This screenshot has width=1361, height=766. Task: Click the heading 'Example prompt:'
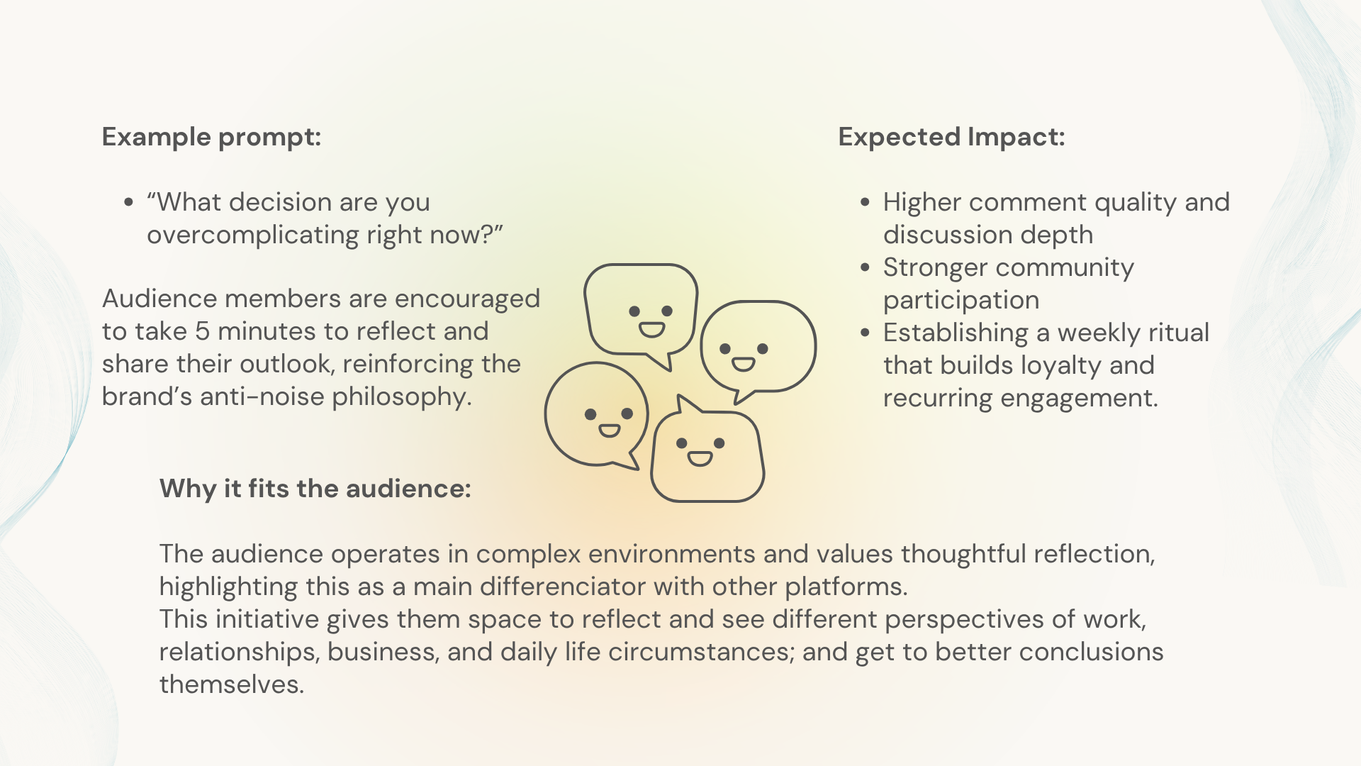point(211,137)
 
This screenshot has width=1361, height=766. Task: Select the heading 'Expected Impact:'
point(951,137)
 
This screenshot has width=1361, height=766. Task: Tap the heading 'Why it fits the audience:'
point(315,489)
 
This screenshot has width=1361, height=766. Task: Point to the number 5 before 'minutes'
point(202,331)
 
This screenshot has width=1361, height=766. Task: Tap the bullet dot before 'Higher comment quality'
point(865,203)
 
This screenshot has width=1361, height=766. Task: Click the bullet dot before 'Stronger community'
point(865,268)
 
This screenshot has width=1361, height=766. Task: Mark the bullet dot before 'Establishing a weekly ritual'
point(865,333)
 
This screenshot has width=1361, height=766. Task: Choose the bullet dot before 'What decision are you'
point(128,203)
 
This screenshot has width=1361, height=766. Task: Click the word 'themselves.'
point(231,684)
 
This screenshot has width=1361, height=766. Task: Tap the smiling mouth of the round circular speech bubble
point(609,431)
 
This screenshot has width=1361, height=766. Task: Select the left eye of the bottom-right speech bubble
point(681,443)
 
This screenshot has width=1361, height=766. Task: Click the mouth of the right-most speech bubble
point(743,365)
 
